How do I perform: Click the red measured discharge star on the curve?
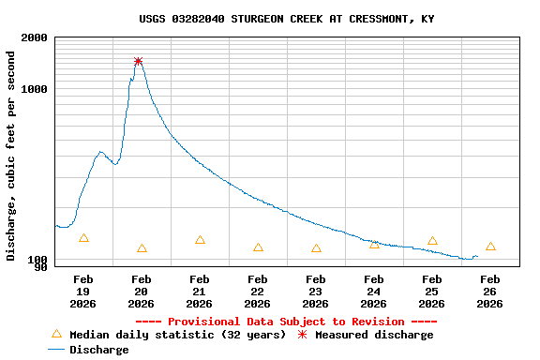pos(139,61)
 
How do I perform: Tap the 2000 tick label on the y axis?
pos(34,38)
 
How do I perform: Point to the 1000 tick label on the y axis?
pos(34,90)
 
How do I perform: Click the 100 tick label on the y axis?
pos(37,260)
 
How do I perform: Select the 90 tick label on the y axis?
pos(40,268)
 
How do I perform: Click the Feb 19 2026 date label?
pos(82,292)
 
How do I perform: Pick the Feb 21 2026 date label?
pos(199,292)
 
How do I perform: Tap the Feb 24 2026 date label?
pos(373,292)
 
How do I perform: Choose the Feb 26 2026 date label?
pos(489,292)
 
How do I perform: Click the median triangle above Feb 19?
pos(83,238)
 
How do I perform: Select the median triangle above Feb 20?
pos(142,248)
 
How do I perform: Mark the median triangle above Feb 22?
pos(258,247)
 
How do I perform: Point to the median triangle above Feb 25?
pos(432,241)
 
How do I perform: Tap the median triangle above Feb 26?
pos(490,247)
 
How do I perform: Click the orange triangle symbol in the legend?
pos(56,334)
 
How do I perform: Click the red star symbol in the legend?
pos(302,334)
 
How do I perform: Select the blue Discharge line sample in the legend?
pos(56,350)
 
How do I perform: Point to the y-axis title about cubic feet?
pos(11,156)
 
